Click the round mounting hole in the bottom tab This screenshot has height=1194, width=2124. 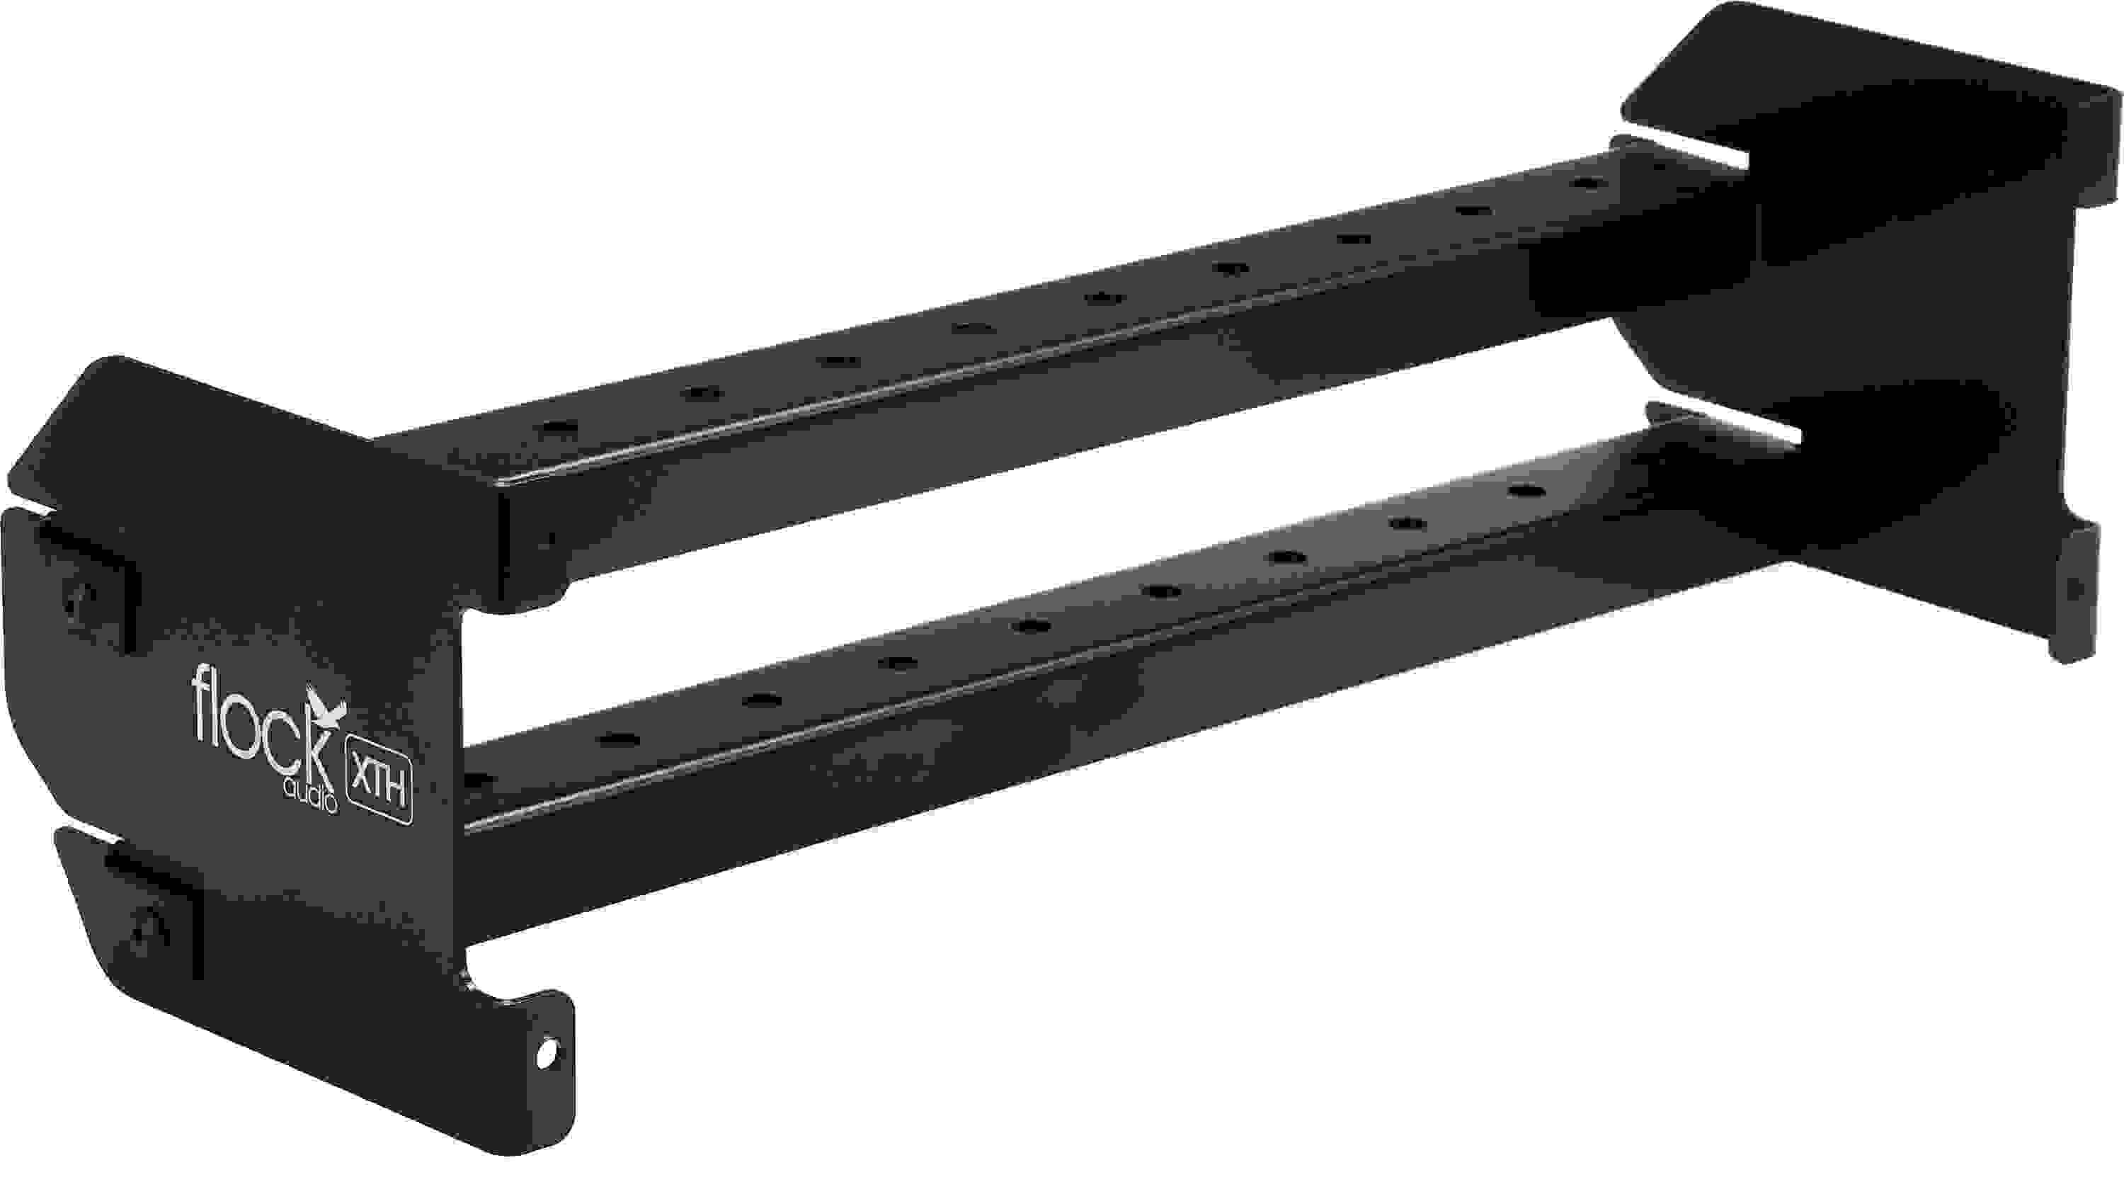click(x=545, y=1054)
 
